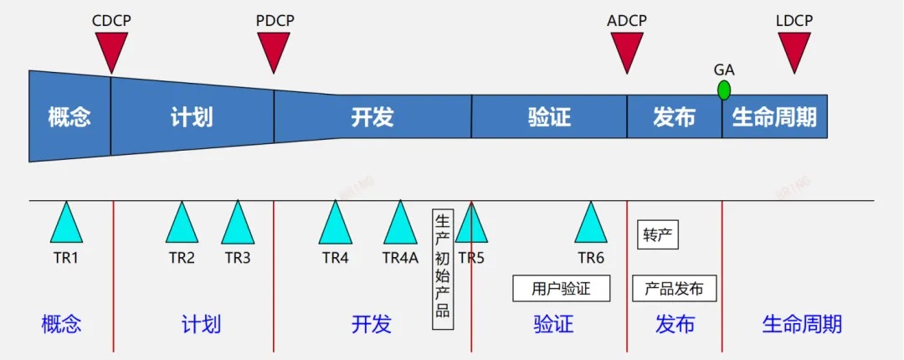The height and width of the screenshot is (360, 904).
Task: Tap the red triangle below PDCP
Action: click(x=274, y=49)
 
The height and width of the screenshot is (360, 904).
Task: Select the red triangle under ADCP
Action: click(x=626, y=49)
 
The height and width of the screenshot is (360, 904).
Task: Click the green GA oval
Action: click(x=723, y=90)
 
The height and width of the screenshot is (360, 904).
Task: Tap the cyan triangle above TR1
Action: click(x=66, y=224)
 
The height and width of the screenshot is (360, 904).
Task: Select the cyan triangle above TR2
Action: click(x=182, y=224)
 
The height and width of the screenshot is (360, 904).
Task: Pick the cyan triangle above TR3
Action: click(x=238, y=224)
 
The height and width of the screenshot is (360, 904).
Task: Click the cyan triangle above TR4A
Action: click(x=400, y=224)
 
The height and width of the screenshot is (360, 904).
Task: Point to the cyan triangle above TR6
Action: click(x=591, y=224)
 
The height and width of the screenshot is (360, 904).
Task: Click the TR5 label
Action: click(x=471, y=258)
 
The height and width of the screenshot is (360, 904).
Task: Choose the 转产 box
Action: click(x=658, y=235)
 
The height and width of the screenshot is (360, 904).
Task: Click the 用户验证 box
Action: click(x=561, y=289)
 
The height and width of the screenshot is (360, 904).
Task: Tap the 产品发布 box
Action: click(x=674, y=289)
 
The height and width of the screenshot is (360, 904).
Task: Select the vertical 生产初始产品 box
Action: click(x=443, y=269)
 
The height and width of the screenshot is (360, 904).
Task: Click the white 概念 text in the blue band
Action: click(x=69, y=117)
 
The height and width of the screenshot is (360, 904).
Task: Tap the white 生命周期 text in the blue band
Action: click(x=774, y=117)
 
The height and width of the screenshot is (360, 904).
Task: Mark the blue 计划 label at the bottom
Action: click(x=201, y=324)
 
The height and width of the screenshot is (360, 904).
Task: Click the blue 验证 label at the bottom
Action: click(x=553, y=324)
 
